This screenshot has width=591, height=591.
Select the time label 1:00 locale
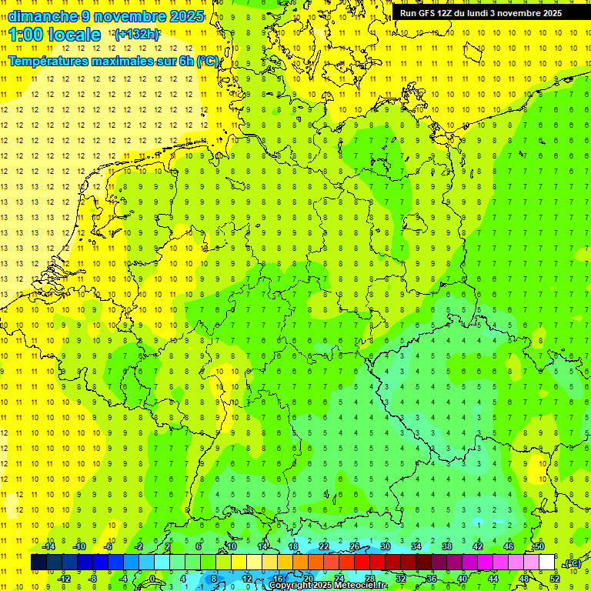click(x=55, y=35)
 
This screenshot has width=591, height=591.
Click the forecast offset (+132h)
click(x=137, y=35)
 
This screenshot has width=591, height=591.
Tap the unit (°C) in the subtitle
click(x=208, y=62)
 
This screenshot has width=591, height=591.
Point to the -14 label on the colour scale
click(x=48, y=546)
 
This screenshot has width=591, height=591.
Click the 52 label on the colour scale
click(x=554, y=579)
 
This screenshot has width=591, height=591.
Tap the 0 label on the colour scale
click(x=152, y=579)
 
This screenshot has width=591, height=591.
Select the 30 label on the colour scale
click(x=385, y=546)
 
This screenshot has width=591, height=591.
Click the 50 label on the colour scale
click(x=539, y=546)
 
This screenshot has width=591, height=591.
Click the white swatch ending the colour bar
click(x=546, y=563)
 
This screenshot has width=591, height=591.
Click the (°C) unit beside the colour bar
click(x=573, y=564)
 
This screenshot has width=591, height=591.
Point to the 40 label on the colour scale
click(x=462, y=579)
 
